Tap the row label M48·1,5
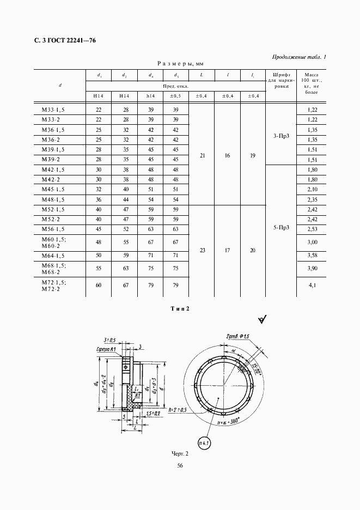pos(53,199)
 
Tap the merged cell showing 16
pos(227,155)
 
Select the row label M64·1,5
pos(53,256)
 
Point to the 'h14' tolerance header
pos(150,96)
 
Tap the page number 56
pos(180,465)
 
